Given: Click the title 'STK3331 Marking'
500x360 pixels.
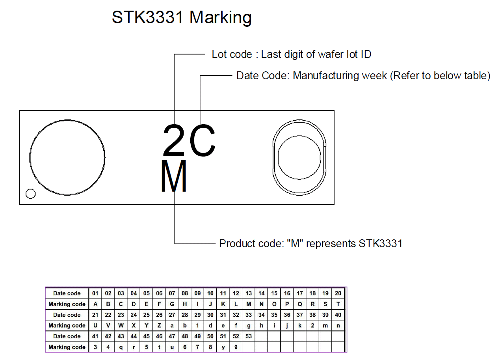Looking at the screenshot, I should point(182,18).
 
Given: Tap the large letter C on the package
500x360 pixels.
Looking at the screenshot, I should point(203,140).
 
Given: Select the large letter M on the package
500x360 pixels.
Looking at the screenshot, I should point(174,176).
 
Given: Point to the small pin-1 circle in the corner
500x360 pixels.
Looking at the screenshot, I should point(30,194).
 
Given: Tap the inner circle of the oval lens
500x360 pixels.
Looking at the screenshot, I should point(299,157).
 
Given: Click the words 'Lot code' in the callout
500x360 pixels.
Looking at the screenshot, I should point(232,54).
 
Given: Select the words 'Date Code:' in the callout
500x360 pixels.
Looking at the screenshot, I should point(263,76).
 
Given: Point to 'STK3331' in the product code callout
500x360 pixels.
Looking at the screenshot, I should point(380,244).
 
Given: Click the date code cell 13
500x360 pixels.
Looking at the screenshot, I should point(249,293).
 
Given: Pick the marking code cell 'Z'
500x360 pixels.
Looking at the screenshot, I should point(159,326).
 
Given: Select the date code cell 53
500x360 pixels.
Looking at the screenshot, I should point(249,336).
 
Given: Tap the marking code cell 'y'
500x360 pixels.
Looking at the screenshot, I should point(223,347).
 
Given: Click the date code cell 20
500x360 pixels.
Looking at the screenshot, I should point(338,293).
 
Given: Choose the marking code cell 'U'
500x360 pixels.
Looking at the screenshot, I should point(95,326).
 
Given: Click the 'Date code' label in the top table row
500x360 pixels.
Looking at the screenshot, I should point(67,293).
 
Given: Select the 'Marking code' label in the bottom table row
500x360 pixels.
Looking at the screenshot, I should point(67,347).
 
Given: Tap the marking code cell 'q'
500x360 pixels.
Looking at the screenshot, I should point(121,347).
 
